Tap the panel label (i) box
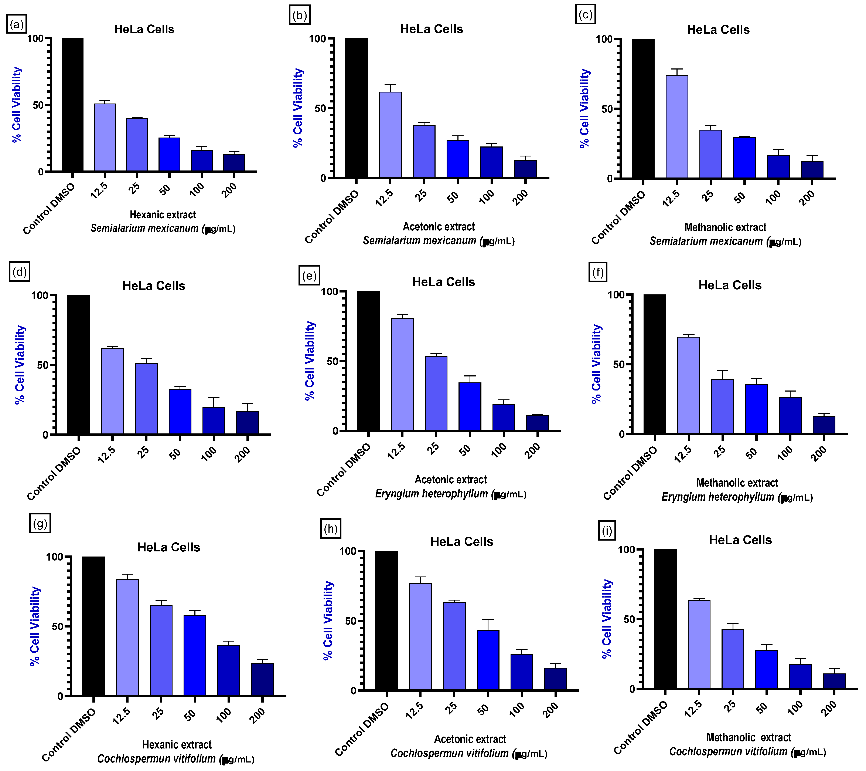click(x=607, y=531)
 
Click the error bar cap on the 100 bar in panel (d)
click(x=214, y=398)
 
